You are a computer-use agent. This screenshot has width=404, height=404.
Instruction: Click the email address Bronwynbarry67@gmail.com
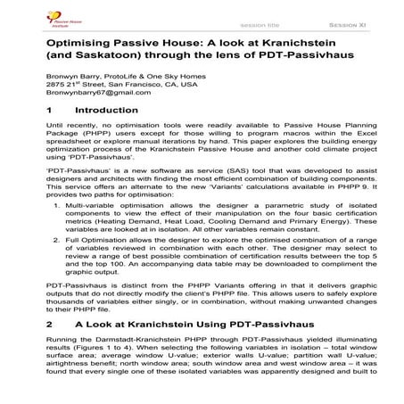pos(84,100)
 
